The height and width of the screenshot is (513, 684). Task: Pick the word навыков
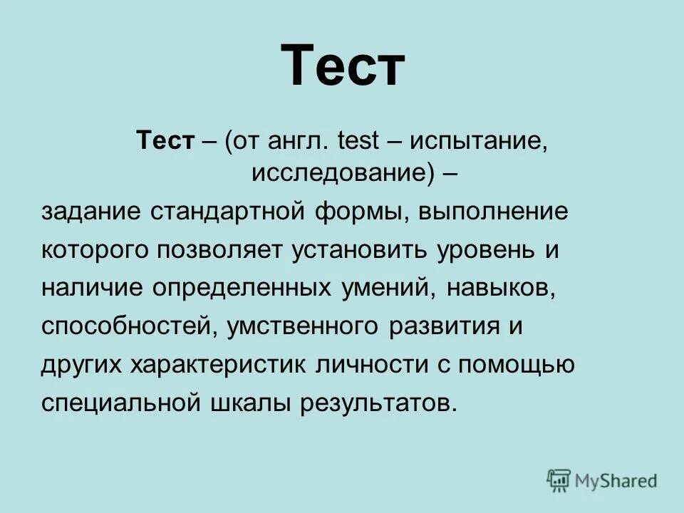coord(499,289)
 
